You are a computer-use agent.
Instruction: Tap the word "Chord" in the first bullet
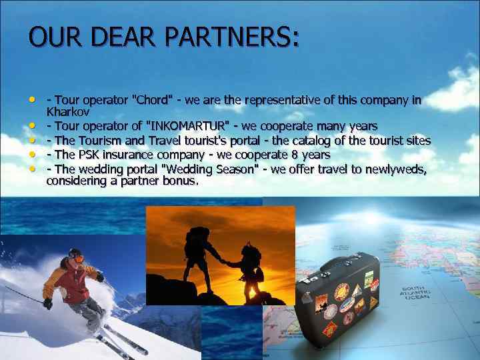click(x=154, y=101)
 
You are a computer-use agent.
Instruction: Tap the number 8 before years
click(x=295, y=155)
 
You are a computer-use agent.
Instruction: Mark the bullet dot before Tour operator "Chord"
click(x=33, y=99)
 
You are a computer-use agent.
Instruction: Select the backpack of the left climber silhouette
click(x=198, y=237)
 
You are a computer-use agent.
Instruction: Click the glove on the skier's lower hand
click(x=48, y=303)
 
